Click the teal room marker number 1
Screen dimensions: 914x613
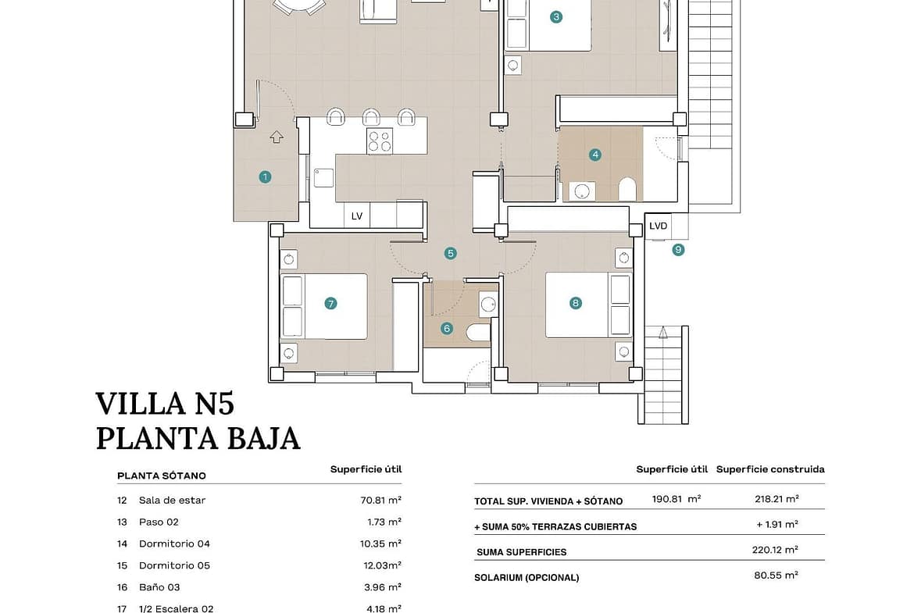tap(266, 176)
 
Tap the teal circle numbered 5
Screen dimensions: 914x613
tap(450, 254)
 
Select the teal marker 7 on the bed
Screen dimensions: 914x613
tap(330, 304)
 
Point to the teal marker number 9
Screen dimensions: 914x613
tap(678, 250)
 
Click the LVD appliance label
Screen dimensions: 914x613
tap(658, 226)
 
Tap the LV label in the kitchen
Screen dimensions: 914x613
tap(357, 216)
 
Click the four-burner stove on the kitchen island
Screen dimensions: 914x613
tap(380, 141)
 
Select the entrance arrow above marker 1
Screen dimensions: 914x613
tap(277, 137)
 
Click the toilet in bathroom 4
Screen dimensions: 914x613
tap(627, 190)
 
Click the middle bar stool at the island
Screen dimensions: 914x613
tap(371, 116)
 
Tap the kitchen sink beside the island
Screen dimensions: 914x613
tap(323, 178)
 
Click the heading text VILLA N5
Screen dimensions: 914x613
tap(165, 404)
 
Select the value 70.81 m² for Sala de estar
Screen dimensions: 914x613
tap(380, 500)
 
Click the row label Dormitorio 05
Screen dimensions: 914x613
tap(174, 566)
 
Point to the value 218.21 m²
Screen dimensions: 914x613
tap(777, 499)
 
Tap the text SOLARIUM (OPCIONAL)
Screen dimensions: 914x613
tap(527, 578)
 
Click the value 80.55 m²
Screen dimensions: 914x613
tap(776, 575)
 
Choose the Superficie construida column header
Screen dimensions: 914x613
tap(770, 469)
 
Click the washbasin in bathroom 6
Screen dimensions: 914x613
tap(488, 304)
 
